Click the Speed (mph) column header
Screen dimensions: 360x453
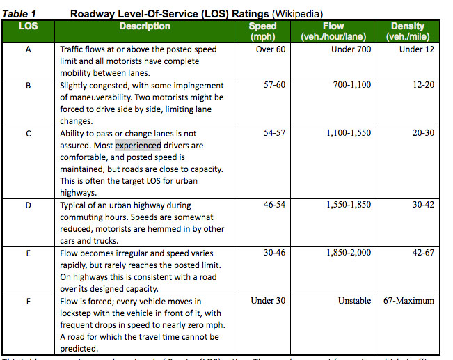(262, 31)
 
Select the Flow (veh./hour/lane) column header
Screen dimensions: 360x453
(333, 31)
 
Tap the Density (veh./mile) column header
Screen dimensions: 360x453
(408, 31)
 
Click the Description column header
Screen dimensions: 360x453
(145, 26)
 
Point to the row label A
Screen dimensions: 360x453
(29, 50)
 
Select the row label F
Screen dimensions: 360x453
(29, 302)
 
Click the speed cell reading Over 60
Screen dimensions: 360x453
(270, 50)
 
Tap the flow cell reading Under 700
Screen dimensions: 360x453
(351, 50)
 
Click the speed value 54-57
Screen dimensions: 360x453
(274, 133)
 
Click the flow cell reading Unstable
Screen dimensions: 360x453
(353, 302)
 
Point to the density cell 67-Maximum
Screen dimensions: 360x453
(409, 302)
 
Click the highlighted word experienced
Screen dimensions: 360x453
(138, 146)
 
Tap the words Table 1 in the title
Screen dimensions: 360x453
(19, 13)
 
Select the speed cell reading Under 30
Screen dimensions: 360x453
(268, 302)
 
